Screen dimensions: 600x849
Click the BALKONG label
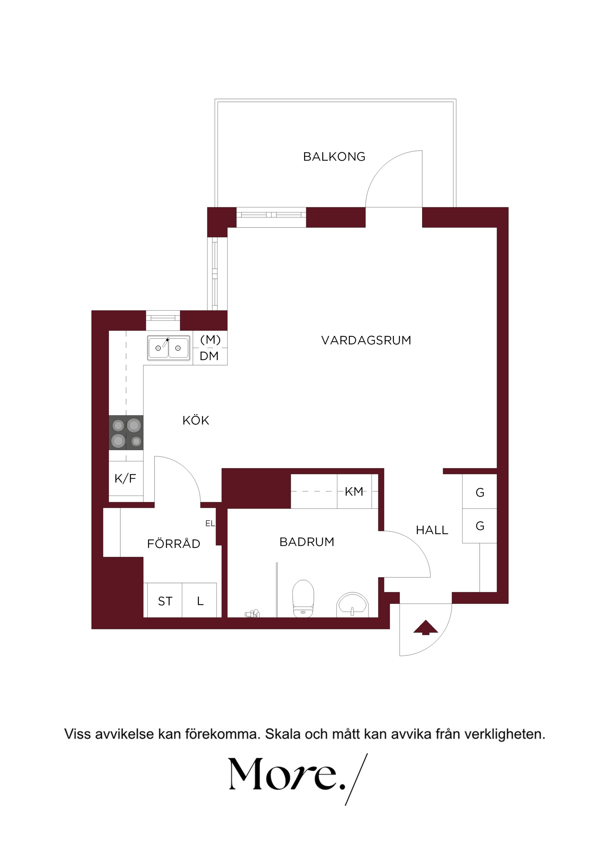point(334,156)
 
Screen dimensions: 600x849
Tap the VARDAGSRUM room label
point(366,340)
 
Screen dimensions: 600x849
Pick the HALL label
point(432,530)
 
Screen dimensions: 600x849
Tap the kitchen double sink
point(168,348)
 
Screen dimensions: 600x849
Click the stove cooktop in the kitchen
point(126,433)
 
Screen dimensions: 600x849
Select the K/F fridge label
point(125,479)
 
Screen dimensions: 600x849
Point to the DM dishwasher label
point(209,356)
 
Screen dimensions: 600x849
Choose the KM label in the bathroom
point(354,491)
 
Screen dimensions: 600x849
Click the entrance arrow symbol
point(425,627)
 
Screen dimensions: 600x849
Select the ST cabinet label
point(165,602)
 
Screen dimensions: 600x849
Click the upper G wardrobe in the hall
point(480,491)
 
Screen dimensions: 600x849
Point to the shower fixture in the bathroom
point(252,614)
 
